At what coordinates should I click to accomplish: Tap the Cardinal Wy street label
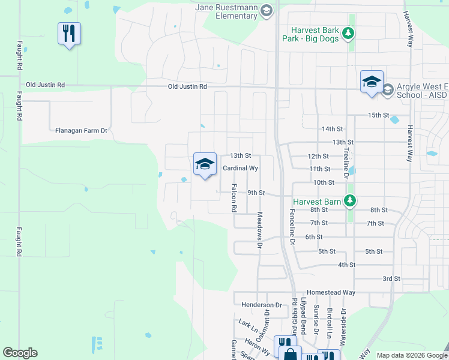click(240, 169)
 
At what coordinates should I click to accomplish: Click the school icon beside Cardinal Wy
click(205, 164)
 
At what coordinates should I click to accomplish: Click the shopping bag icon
click(290, 354)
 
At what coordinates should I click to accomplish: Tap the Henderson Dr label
click(261, 305)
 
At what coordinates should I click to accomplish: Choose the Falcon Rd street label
click(234, 198)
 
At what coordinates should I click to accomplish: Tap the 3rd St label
click(391, 279)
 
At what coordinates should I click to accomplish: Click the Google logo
click(20, 353)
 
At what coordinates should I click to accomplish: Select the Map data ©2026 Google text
click(411, 355)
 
